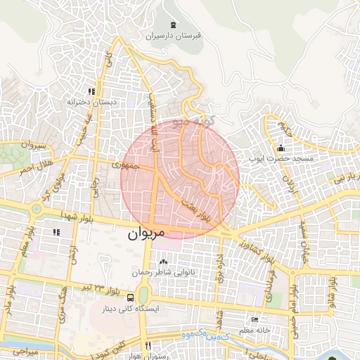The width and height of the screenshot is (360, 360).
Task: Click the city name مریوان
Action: click(x=146, y=234)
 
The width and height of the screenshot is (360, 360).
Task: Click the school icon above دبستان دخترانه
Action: click(x=91, y=91)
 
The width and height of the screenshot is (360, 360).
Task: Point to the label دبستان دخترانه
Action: click(x=91, y=103)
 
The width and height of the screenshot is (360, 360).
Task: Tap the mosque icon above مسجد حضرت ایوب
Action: click(x=281, y=148)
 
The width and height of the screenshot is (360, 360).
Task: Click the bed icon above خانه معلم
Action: click(x=255, y=320)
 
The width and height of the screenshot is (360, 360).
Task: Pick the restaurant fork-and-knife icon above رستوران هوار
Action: click(x=148, y=345)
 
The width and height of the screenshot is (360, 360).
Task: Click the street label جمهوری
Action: click(x=126, y=167)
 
